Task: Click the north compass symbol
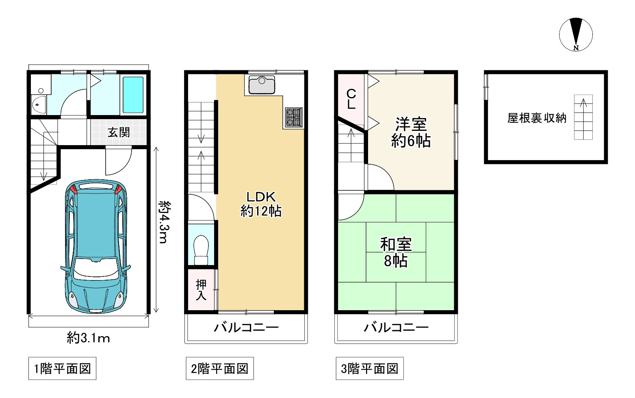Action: point(576,34)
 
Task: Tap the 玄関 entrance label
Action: point(119,132)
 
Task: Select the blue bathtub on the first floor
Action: point(133,95)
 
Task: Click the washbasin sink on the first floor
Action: point(39,104)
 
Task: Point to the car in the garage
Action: point(96,246)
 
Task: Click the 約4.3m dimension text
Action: point(165,222)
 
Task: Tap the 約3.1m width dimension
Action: point(88,338)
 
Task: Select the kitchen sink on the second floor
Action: point(262,85)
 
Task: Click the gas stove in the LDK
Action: point(294,117)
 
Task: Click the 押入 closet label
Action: point(201,289)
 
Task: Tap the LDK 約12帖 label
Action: point(261,204)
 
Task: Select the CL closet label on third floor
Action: point(351,99)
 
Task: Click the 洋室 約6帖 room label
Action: point(411,132)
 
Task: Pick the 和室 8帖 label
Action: point(396,252)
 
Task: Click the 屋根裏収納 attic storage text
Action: point(537,118)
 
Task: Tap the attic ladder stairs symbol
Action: point(583,117)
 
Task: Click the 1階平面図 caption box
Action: point(63,368)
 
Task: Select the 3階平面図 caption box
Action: point(370,368)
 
